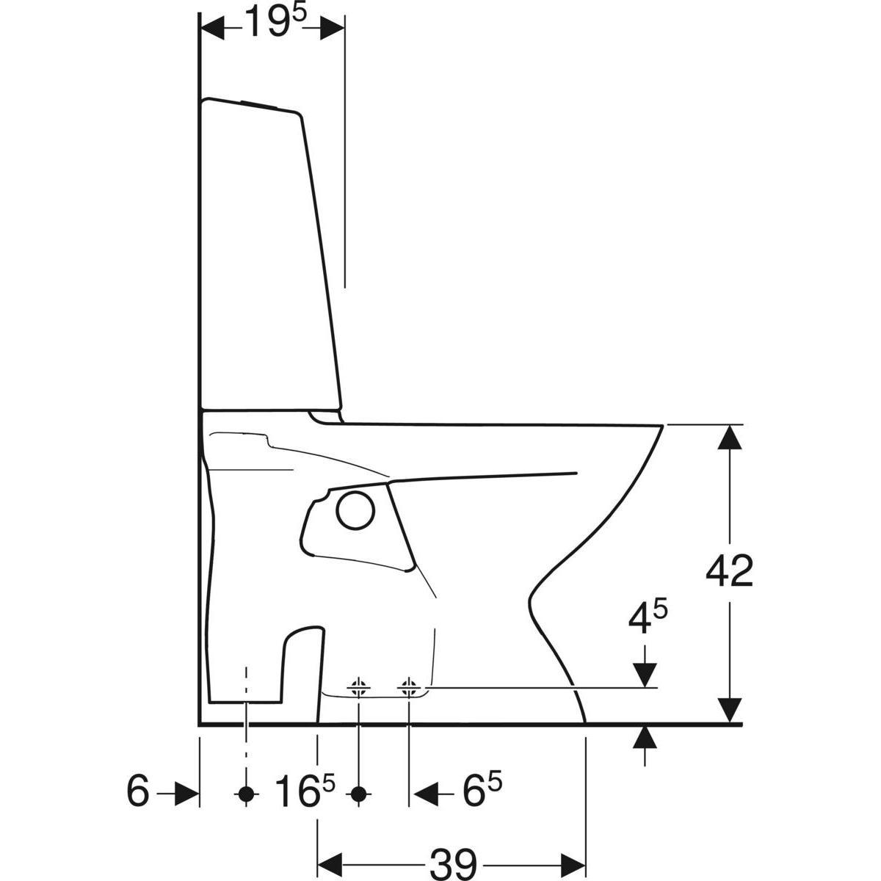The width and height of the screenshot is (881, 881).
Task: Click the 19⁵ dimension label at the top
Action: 275,22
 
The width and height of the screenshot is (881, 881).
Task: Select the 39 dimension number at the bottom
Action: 453,865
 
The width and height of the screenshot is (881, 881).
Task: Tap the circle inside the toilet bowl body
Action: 355,511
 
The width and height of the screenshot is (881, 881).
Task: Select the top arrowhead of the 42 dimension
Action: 729,437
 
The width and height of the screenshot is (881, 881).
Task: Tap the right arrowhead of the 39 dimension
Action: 573,866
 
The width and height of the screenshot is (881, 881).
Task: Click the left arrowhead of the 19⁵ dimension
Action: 213,28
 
